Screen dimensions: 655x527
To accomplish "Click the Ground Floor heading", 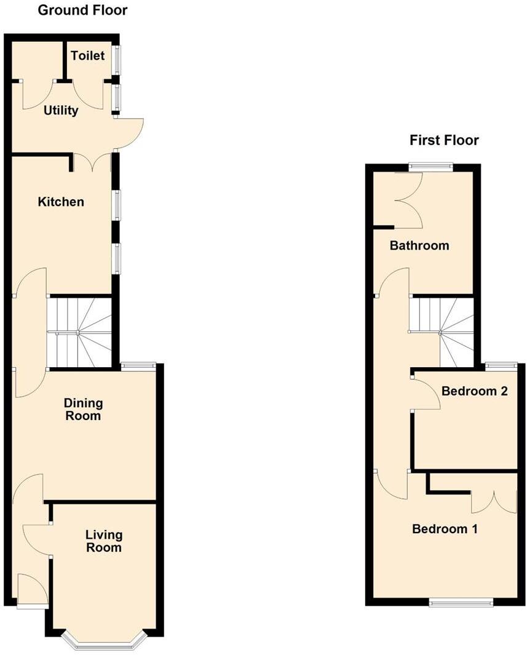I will [x=82, y=10].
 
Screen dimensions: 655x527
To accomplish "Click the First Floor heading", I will [x=444, y=140].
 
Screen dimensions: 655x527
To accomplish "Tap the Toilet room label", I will [x=88, y=56].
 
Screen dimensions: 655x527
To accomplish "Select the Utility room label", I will [x=61, y=111].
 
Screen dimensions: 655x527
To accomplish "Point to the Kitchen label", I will [x=61, y=202].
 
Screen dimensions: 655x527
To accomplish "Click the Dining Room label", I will [x=84, y=410].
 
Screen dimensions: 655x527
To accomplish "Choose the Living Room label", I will [x=103, y=541].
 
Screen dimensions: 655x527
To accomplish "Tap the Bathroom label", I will [x=419, y=245].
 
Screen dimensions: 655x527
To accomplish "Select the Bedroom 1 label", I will [x=445, y=529].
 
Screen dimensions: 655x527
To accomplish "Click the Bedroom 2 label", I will [x=474, y=391].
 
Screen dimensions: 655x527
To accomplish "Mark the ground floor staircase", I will [x=79, y=332].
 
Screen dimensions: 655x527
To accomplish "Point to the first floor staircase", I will [x=442, y=330].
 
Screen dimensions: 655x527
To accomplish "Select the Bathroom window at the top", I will [x=432, y=166].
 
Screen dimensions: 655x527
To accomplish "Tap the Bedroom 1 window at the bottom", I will [x=461, y=602].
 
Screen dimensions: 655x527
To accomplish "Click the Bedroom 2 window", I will [x=501, y=367].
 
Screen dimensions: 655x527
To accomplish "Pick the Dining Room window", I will [x=138, y=367].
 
